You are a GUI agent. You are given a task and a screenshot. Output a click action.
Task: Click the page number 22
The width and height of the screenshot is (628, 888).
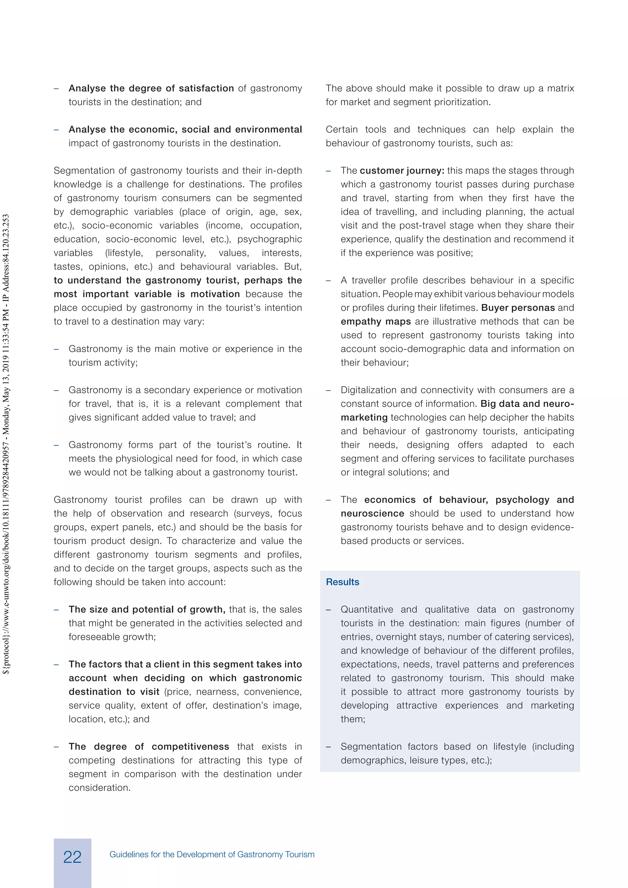72,857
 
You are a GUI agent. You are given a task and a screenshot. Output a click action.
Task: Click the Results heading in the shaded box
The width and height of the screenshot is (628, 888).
342,582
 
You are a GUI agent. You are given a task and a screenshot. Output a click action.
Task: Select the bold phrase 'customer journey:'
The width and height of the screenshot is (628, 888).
402,170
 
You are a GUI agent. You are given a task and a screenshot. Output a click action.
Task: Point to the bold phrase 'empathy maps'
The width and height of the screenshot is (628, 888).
376,321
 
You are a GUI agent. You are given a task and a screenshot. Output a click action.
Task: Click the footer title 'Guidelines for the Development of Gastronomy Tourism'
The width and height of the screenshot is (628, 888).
212,854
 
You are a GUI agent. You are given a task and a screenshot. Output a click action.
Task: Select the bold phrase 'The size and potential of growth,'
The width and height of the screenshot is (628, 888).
147,610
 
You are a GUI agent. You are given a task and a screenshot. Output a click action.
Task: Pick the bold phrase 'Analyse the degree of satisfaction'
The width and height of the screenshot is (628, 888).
151,89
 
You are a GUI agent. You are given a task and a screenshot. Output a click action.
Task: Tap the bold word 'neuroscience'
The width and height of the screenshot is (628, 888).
372,514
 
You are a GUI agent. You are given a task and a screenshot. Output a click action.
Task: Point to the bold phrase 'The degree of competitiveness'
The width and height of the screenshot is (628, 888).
149,747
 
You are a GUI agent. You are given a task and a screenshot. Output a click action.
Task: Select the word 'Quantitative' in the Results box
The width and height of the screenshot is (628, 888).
367,610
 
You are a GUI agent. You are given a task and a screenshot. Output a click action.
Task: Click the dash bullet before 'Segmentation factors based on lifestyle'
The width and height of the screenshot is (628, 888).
328,747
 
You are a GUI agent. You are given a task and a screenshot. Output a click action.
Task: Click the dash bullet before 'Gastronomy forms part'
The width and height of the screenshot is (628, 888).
56,445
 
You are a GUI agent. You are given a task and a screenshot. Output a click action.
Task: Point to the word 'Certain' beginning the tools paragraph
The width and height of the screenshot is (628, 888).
342,130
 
